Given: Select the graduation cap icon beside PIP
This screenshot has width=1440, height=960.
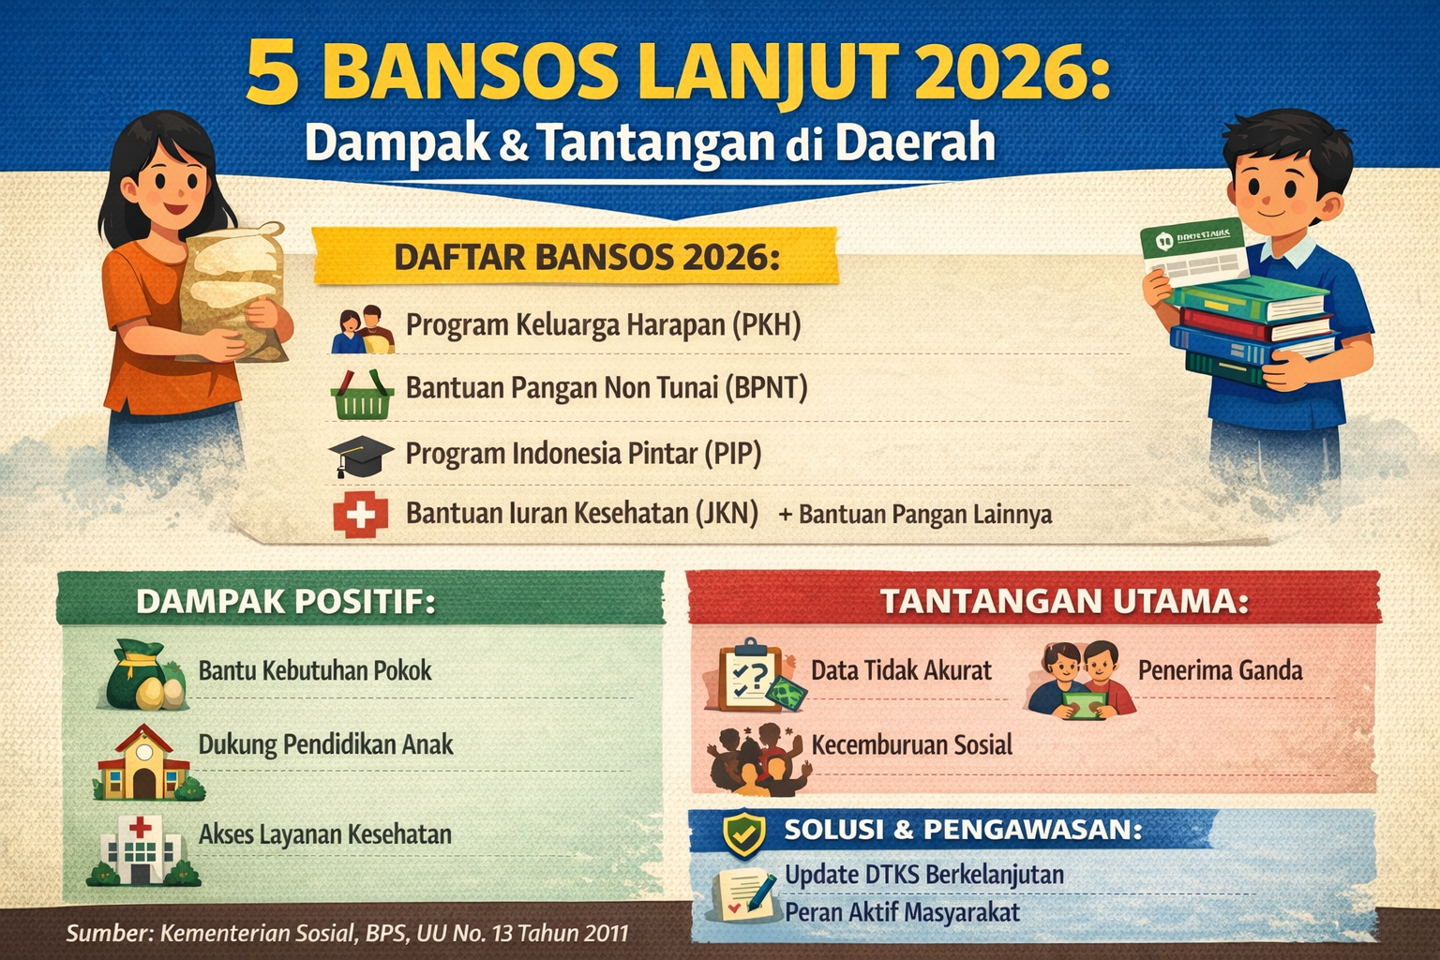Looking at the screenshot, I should pyautogui.click(x=360, y=456).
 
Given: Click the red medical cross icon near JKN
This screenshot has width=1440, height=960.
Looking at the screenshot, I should pyautogui.click(x=360, y=516).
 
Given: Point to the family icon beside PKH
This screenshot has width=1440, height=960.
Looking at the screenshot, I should pyautogui.click(x=362, y=330).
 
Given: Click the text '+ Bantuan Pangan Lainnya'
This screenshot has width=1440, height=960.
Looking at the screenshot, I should pyautogui.click(x=915, y=515).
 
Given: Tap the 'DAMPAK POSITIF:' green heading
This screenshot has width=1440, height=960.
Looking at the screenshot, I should pyautogui.click(x=286, y=601).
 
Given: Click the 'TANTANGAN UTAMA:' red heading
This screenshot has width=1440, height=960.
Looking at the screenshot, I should pyautogui.click(x=1063, y=601).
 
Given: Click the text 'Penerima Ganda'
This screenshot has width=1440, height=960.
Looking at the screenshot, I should pyautogui.click(x=1220, y=670).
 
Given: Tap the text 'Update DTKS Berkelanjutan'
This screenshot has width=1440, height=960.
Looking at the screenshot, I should pyautogui.click(x=923, y=875).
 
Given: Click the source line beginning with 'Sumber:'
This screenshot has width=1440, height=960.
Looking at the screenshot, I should pyautogui.click(x=347, y=933).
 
